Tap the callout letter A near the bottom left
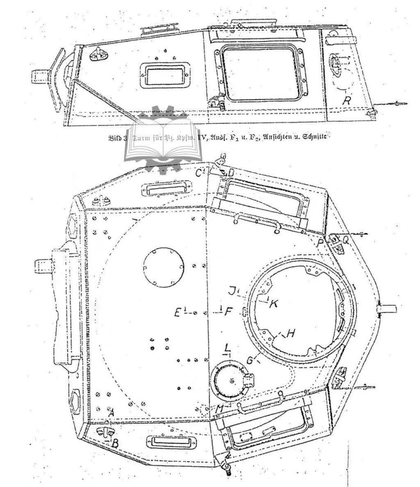pyautogui.click(x=111, y=413)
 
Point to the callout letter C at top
pyautogui.click(x=199, y=172)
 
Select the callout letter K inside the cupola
pyautogui.click(x=274, y=304)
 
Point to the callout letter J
pyautogui.click(x=232, y=291)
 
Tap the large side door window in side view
pyautogui.click(x=262, y=73)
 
